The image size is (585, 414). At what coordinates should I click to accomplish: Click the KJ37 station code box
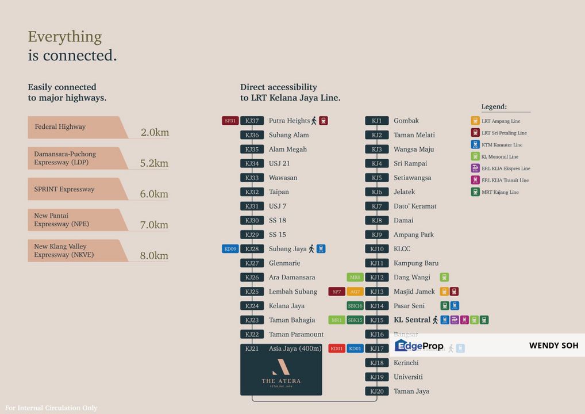point(252,121)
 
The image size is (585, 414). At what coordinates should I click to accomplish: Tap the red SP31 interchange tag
point(230,121)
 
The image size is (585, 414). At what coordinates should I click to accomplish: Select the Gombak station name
point(406,121)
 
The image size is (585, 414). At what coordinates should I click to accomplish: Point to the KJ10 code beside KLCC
point(376,249)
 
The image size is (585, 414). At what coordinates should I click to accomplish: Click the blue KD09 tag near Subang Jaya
point(230,249)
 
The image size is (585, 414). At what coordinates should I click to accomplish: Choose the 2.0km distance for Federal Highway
point(155,133)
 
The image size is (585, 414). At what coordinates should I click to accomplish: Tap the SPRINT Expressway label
point(64,189)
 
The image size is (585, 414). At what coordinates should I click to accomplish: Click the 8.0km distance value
point(155,256)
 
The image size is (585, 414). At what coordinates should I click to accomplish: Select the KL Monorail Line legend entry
point(499,156)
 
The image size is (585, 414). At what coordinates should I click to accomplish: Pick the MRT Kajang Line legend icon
point(475,192)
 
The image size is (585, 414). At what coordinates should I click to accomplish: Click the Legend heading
point(494,107)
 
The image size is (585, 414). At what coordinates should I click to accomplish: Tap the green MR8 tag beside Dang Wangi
point(355,278)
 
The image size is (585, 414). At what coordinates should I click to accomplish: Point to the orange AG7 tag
point(355,292)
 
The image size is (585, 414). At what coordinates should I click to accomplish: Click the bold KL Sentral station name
point(411,320)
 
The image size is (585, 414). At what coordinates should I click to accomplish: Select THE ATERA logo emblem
point(281,366)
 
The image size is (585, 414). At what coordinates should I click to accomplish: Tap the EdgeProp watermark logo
point(419,346)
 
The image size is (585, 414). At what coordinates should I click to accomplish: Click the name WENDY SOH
point(553,346)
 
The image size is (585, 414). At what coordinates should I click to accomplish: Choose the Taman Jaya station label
point(411,391)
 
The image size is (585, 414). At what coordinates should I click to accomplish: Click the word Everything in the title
point(65,37)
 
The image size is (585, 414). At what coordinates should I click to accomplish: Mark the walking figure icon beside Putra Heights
point(314,121)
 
